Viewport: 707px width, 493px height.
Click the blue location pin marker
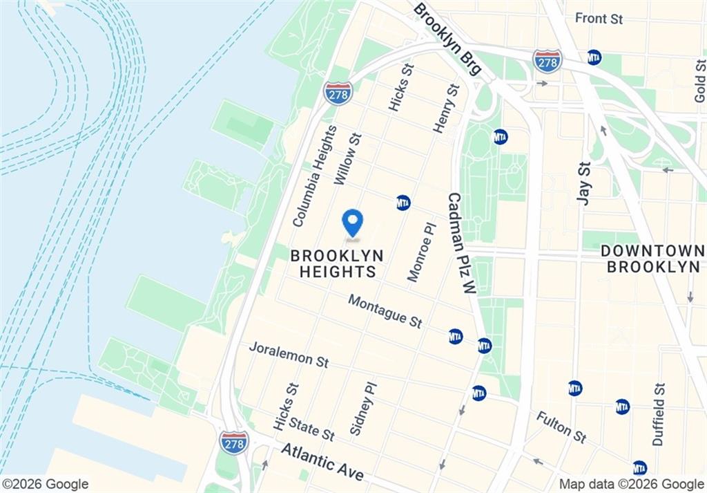coord(353,223)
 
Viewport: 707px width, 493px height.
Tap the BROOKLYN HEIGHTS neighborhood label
coord(337,263)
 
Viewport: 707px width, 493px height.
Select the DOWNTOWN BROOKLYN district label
coord(652,259)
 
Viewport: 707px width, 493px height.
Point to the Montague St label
coord(385,311)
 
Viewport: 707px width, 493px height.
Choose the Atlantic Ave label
coord(322,462)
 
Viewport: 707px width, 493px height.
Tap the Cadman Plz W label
coord(462,243)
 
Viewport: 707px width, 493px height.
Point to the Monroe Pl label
coord(422,251)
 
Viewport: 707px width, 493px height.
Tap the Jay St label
coord(584,182)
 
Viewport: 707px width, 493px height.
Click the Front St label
coord(599,18)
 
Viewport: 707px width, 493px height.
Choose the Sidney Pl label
coord(364,407)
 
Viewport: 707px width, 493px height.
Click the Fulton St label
coord(561,427)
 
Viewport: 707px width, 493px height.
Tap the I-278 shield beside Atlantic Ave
coord(234,442)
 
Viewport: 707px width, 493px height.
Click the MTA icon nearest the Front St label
coord(594,57)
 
